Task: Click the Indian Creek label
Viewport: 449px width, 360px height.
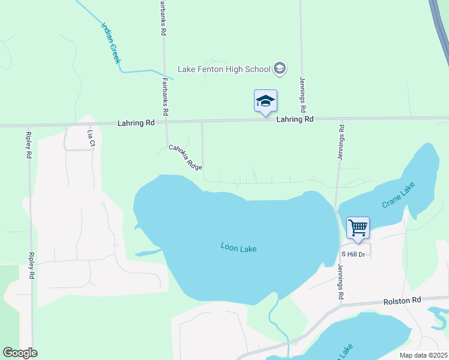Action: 111,43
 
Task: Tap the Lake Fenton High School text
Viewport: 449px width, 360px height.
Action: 224,70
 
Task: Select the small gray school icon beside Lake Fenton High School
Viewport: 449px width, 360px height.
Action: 279,69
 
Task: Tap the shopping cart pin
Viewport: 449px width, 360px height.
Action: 358,228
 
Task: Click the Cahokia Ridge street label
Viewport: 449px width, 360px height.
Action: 185,156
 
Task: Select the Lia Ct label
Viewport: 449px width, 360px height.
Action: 91,139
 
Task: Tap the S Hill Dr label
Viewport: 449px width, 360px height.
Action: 354,254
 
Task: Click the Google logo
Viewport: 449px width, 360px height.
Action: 20,353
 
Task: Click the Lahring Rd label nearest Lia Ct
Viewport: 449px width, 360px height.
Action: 136,122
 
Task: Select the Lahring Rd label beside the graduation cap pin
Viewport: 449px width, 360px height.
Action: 295,119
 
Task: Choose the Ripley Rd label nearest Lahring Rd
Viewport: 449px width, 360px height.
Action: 29,144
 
